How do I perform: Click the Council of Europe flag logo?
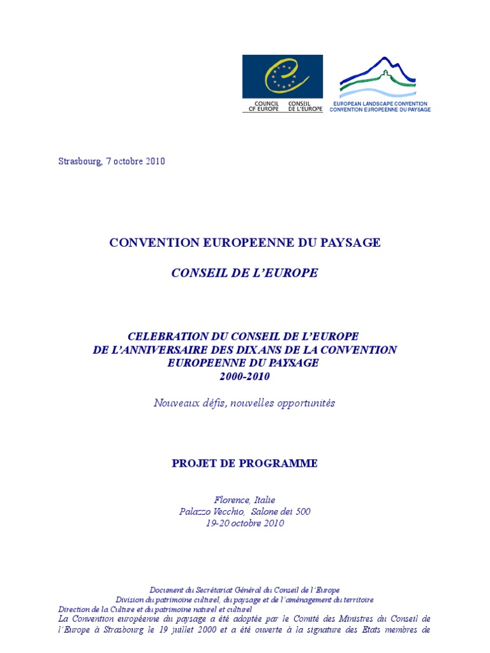[282, 76]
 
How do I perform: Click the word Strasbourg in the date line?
[80, 161]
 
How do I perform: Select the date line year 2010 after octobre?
[154, 161]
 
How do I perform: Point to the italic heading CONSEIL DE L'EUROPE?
[244, 273]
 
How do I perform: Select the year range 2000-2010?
[244, 377]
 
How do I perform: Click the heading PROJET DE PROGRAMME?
[244, 464]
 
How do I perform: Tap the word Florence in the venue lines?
[231, 499]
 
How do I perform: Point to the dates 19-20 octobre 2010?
[244, 524]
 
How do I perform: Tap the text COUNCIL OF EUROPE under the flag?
[264, 106]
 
